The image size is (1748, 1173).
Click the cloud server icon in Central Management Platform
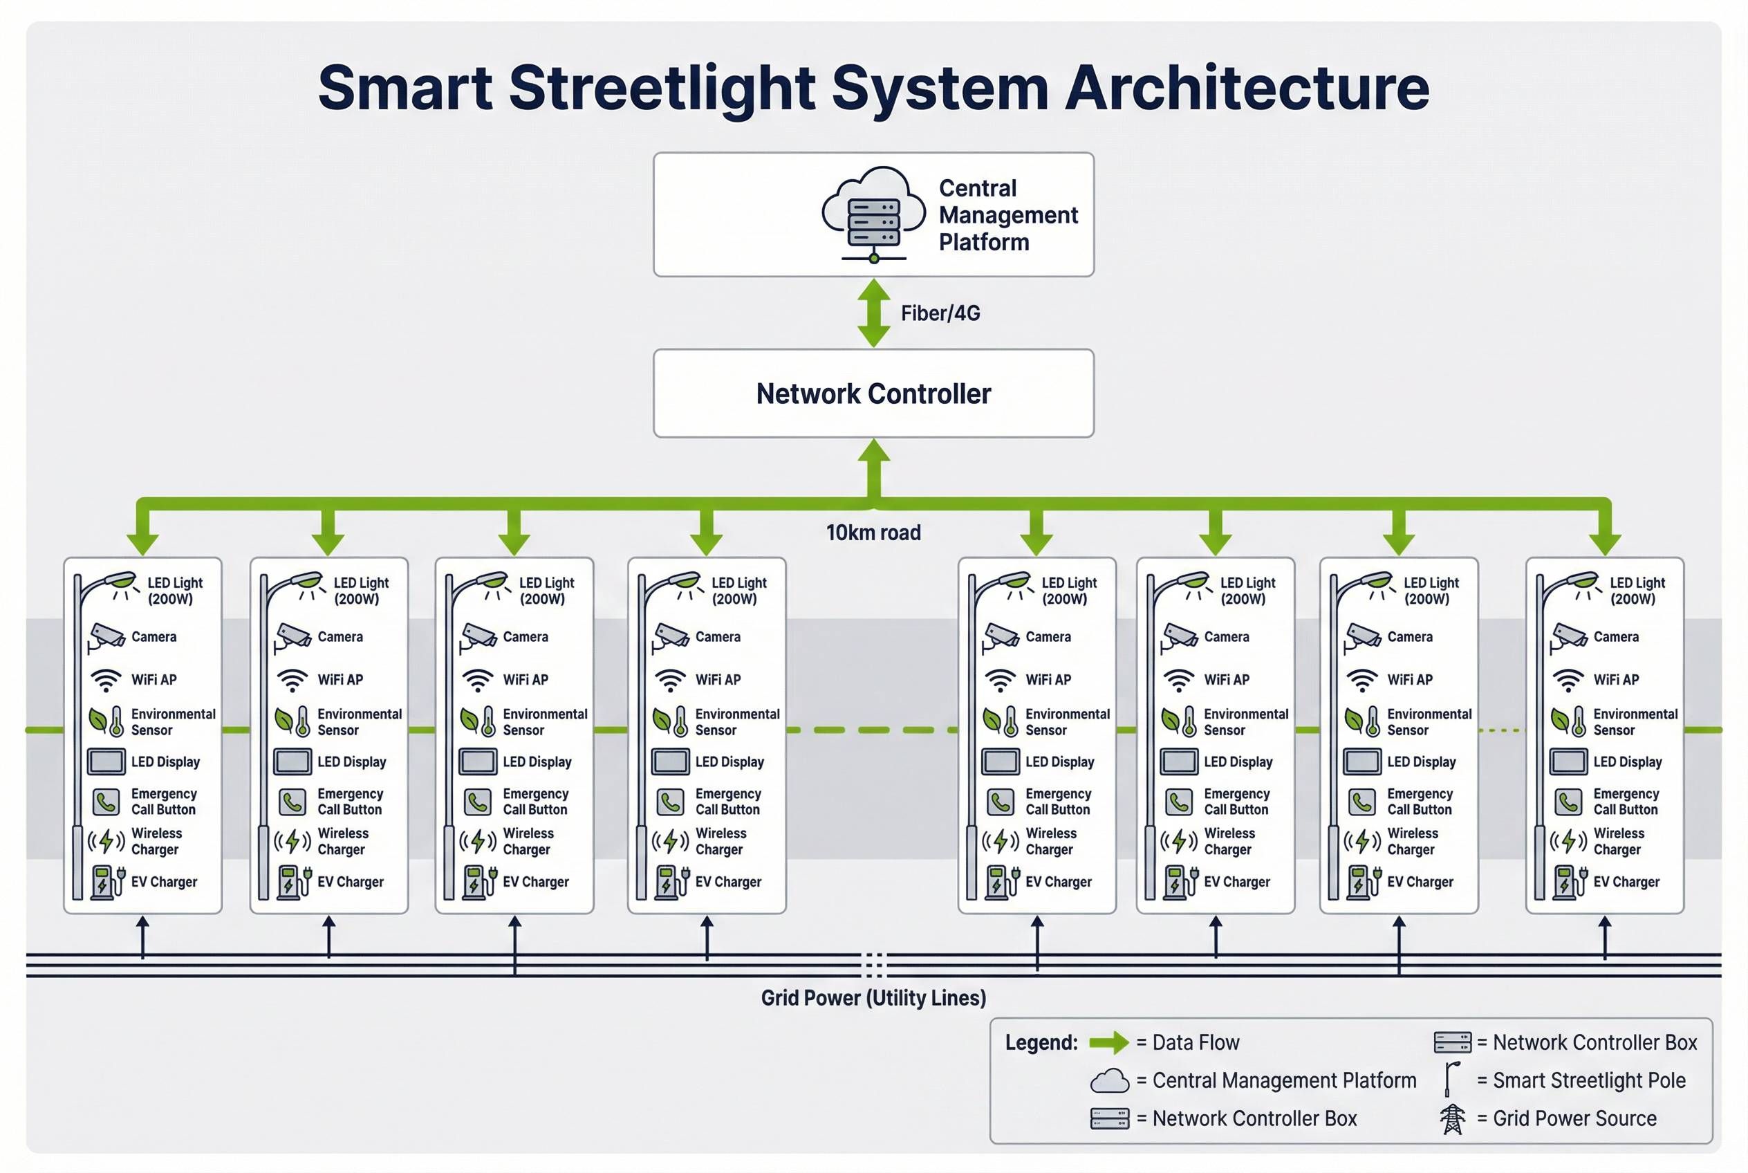pyautogui.click(x=873, y=214)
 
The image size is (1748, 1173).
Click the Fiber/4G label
pyautogui.click(x=940, y=313)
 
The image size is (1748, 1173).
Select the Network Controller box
pyautogui.click(x=873, y=393)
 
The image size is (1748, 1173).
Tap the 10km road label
pyautogui.click(x=873, y=533)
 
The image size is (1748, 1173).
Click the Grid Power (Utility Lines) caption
pyautogui.click(x=873, y=998)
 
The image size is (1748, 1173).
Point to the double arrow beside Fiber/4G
pyautogui.click(x=873, y=313)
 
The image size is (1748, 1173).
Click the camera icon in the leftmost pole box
pyautogui.click(x=107, y=636)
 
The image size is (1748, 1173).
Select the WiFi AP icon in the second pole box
pyautogui.click(x=292, y=680)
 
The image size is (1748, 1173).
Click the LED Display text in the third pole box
pyautogui.click(x=537, y=761)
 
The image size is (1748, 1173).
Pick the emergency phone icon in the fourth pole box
pyautogui.click(x=670, y=802)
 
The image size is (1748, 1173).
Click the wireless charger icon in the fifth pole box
pyautogui.click(x=1000, y=841)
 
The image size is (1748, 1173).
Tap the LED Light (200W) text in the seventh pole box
pyautogui.click(x=1430, y=590)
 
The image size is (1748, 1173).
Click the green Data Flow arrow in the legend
pyautogui.click(x=1108, y=1042)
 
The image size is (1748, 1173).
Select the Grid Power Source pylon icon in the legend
pyautogui.click(x=1452, y=1118)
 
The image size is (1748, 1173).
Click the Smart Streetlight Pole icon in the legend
pyautogui.click(x=1451, y=1080)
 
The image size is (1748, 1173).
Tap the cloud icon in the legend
pyautogui.click(x=1109, y=1080)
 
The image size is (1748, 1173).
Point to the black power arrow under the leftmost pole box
pyautogui.click(x=143, y=936)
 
